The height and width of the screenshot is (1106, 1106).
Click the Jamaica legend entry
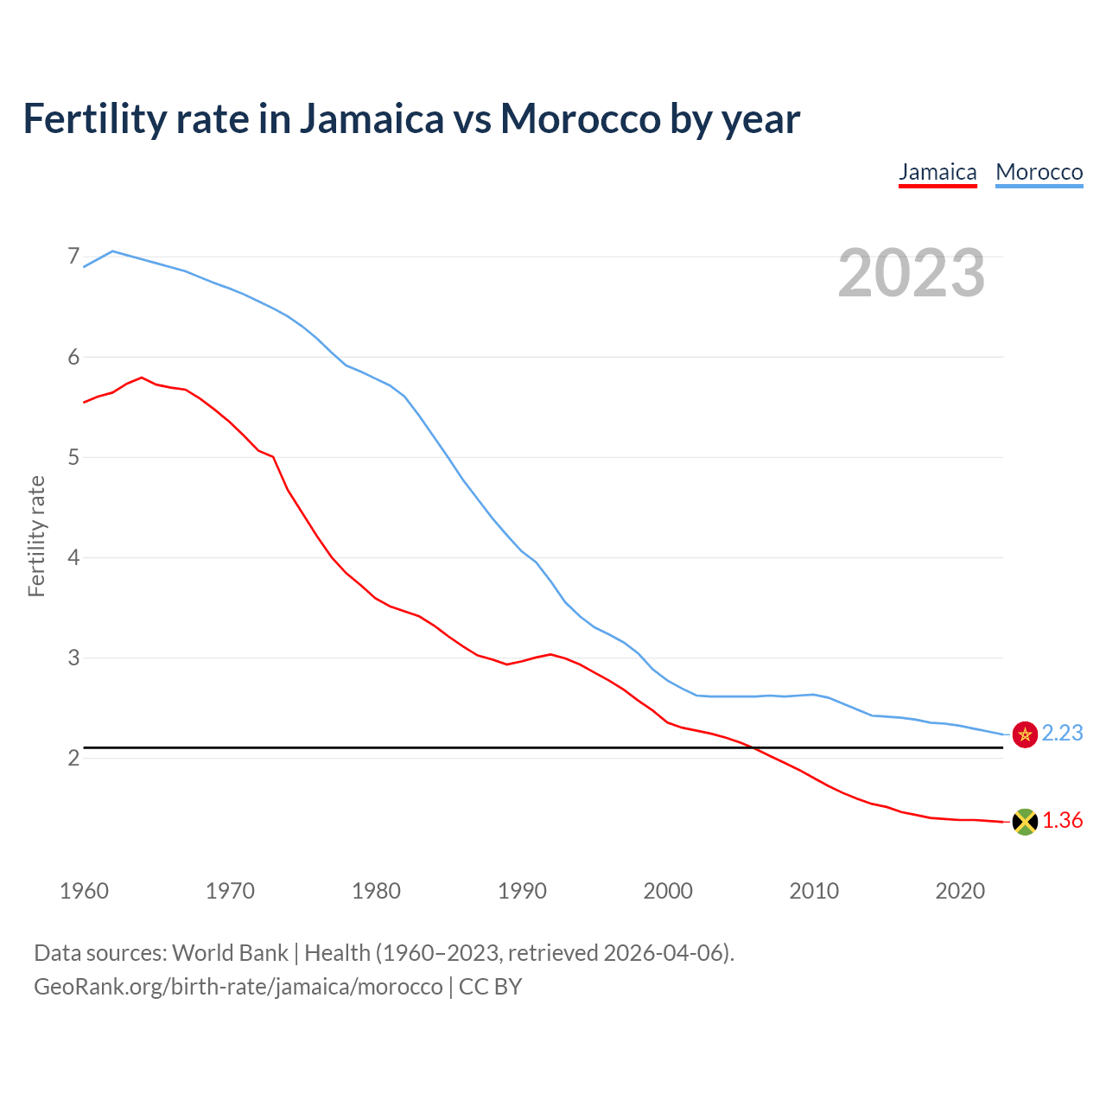click(938, 172)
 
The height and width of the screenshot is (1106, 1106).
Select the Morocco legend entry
click(1039, 172)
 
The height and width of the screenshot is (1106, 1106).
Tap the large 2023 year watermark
click(911, 273)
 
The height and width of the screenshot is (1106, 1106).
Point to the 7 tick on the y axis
click(73, 257)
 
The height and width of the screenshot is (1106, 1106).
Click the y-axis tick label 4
click(73, 557)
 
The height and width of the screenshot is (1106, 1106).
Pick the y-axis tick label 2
click(73, 758)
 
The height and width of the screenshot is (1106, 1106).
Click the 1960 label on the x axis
click(84, 891)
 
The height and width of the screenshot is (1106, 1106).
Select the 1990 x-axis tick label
click(522, 891)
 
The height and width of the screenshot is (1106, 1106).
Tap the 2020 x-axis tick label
click(960, 891)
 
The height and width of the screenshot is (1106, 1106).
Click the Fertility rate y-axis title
click(36, 536)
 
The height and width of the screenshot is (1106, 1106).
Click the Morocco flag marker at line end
click(1025, 734)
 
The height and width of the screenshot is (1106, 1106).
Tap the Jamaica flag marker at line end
click(1025, 822)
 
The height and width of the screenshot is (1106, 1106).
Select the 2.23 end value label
click(1062, 733)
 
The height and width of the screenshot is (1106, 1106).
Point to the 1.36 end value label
click(1062, 820)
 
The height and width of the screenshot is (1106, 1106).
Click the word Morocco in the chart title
click(581, 118)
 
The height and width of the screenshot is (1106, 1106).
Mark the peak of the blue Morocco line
click(113, 251)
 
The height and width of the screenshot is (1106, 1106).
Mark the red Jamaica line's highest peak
click(142, 377)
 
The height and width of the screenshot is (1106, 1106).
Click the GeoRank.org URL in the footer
click(238, 986)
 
